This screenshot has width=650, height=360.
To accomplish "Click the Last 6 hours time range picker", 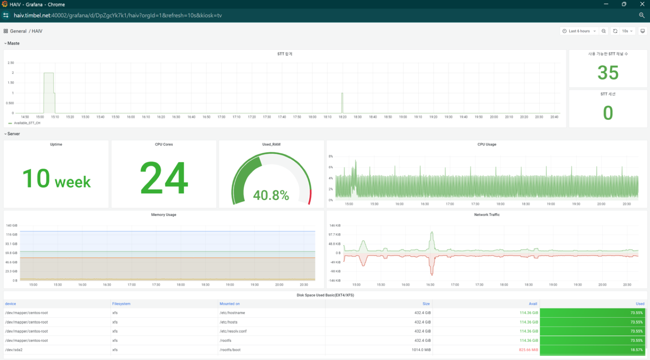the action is [x=579, y=31].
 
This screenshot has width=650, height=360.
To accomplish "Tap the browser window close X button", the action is [x=642, y=4].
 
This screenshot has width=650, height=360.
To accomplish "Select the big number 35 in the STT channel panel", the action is [x=608, y=72].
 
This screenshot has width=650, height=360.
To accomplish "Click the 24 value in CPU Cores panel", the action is [x=164, y=177].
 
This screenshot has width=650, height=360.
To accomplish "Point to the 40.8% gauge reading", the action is [x=271, y=195].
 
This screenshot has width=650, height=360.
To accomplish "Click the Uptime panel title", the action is [x=56, y=144].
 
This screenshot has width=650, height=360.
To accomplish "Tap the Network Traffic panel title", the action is [x=487, y=215].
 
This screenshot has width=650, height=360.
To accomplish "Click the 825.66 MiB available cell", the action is [x=528, y=350].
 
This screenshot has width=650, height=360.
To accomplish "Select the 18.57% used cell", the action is [x=592, y=350].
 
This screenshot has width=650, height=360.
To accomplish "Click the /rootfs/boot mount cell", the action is [x=230, y=350].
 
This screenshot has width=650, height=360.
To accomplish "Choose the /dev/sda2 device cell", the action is [x=14, y=350].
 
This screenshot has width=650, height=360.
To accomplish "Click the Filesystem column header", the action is [x=121, y=304].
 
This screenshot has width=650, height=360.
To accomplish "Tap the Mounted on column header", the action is [x=229, y=304].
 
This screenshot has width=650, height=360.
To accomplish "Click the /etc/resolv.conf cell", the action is [x=233, y=331].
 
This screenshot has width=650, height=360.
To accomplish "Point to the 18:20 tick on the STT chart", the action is [x=343, y=117].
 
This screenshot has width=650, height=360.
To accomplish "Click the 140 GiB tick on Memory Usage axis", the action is [x=12, y=225].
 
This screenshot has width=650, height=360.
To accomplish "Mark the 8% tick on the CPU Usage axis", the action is [x=331, y=156].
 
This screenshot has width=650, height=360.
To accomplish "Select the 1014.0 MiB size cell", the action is [x=421, y=350].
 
